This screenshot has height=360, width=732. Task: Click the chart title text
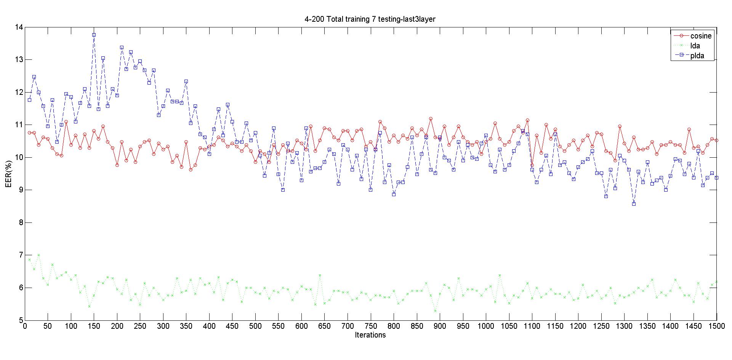click(370, 19)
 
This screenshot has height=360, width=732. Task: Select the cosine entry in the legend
click(700, 36)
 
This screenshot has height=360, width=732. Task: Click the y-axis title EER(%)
click(8, 174)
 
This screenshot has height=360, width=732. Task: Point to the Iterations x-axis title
click(370, 335)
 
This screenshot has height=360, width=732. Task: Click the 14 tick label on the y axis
click(19, 27)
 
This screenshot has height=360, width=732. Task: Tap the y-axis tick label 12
click(19, 93)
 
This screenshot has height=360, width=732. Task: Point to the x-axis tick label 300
click(163, 326)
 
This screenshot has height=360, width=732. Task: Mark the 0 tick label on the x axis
click(25, 326)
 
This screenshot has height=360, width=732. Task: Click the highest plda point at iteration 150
click(94, 35)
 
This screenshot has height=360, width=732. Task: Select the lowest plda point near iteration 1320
click(634, 204)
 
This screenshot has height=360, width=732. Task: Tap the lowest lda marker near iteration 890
click(435, 311)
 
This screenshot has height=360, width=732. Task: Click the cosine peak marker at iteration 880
click(431, 119)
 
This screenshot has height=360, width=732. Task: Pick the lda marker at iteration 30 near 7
click(38, 255)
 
